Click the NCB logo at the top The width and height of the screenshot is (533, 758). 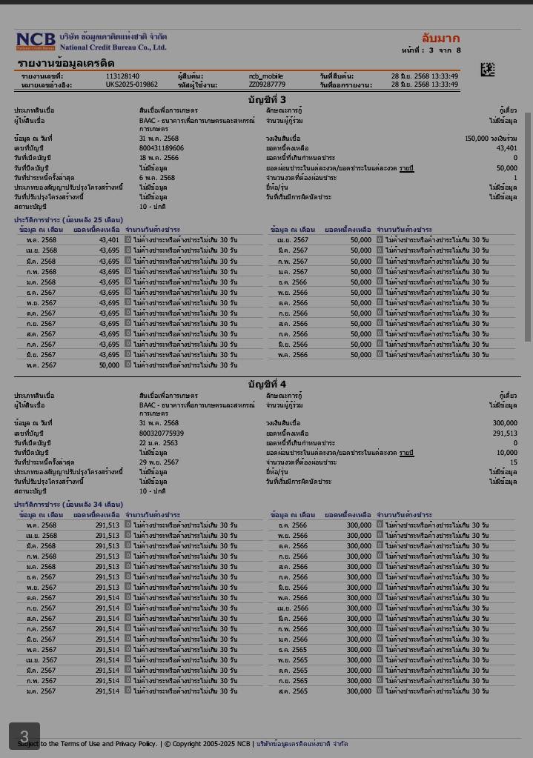tap(36, 41)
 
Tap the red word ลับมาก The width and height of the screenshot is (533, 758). tap(440, 39)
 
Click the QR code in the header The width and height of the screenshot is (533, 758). tap(487, 70)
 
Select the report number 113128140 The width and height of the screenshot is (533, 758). tap(122, 76)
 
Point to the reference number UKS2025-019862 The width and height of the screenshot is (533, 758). tap(131, 85)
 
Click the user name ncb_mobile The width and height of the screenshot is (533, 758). tap(266, 76)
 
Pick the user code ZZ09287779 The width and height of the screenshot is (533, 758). tap(267, 85)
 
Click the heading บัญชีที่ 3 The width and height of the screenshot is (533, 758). tap(267, 100)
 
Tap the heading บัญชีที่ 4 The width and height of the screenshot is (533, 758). tap(267, 385)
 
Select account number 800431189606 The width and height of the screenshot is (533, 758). tap(161, 148)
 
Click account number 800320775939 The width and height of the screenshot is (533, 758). tap(161, 433)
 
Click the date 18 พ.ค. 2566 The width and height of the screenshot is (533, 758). tap(159, 158)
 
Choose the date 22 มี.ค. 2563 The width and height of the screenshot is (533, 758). tap(159, 442)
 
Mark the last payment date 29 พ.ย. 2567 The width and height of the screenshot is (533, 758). tap(159, 462)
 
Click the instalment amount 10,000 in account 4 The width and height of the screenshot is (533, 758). tap(507, 452)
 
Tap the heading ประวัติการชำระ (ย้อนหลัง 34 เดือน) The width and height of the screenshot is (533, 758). tap(68, 505)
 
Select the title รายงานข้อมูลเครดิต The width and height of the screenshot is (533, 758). tap(66, 64)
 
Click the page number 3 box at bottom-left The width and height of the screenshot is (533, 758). tap(24, 737)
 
